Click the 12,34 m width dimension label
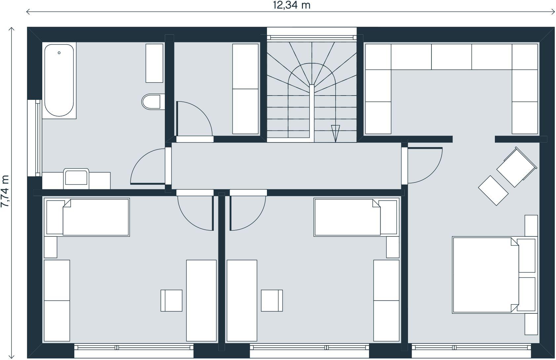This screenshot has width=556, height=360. tap(292, 5)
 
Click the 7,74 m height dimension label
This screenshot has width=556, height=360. tap(5, 191)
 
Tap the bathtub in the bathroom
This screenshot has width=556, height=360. tap(59, 80)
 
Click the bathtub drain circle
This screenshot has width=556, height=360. tap(59, 53)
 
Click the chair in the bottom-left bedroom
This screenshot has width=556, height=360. tap(171, 300)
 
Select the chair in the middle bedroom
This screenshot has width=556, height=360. tap(272, 300)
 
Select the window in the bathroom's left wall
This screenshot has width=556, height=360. tap(34, 138)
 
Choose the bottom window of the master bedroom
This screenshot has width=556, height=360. tap(471, 350)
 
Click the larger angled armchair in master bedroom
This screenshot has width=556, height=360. tap(517, 167)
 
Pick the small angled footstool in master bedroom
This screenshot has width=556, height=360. tap(493, 190)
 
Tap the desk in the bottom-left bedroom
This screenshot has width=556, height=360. tap(201, 300)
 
